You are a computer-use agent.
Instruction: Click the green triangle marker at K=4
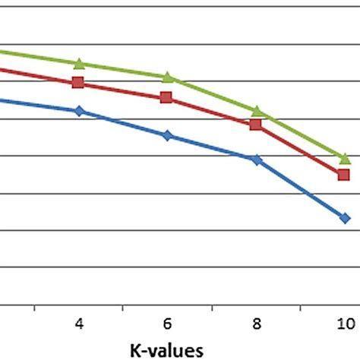point(78,63)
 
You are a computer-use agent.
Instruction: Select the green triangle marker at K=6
point(167,77)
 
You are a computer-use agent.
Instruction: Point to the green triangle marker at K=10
point(345,158)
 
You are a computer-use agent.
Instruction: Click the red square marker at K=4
point(78,83)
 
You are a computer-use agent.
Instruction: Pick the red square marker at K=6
point(167,97)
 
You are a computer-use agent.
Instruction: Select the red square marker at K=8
point(256,124)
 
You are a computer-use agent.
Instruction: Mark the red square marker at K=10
point(344,175)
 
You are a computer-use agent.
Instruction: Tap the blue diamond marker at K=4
point(79,111)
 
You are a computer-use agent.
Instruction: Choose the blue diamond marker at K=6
point(167,135)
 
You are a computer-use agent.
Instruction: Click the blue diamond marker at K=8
point(257,159)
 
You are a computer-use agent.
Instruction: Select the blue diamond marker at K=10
point(345,218)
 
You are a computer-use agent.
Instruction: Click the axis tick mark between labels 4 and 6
point(123,308)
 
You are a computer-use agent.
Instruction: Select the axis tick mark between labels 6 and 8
point(212,308)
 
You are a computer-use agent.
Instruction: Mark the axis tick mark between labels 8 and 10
point(301,308)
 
